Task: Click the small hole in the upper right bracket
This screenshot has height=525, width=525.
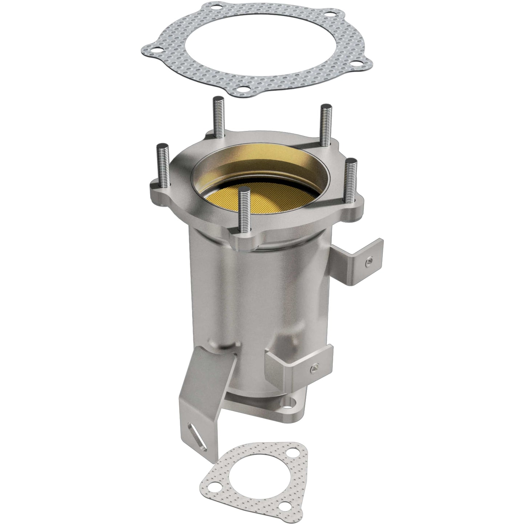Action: click(x=369, y=261)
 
